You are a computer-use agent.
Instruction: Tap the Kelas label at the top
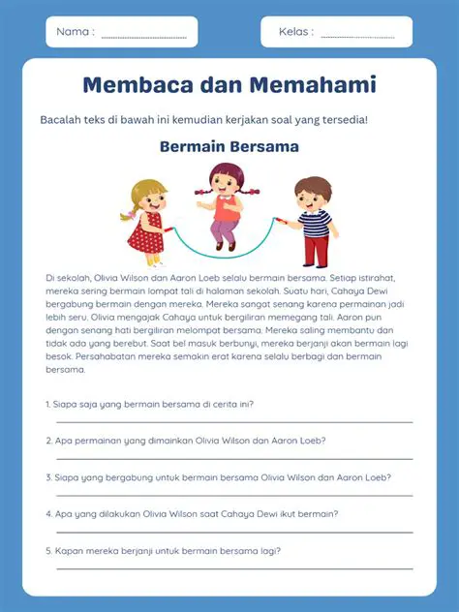coord(295,32)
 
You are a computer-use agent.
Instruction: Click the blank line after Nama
coord(143,37)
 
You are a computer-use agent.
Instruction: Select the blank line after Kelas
coord(357,37)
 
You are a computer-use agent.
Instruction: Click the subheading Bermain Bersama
coord(229,147)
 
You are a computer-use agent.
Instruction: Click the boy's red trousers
coord(316,250)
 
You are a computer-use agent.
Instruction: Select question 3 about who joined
coord(218,477)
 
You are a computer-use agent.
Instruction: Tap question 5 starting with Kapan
coord(164,551)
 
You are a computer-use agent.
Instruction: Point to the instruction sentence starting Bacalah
coord(203,120)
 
